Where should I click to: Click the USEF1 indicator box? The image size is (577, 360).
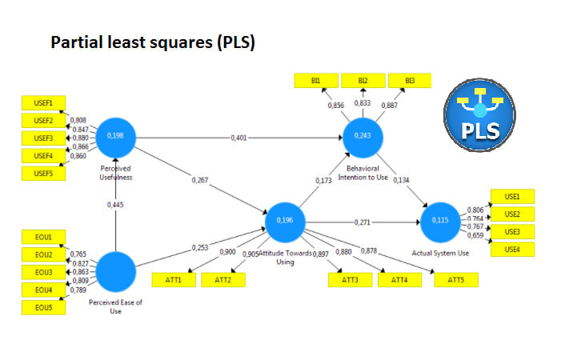pos(44,103)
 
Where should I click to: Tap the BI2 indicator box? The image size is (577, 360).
pos(363,81)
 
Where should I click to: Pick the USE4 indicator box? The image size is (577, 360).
pos(512,250)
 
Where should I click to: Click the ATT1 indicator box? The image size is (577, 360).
pos(174,280)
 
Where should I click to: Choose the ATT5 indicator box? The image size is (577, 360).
pos(455,280)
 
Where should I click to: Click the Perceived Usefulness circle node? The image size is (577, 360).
pos(116,138)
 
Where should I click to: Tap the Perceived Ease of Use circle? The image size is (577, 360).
pos(116,272)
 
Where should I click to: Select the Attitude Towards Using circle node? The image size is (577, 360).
pos(285,221)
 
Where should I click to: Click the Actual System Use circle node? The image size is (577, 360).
pos(441,221)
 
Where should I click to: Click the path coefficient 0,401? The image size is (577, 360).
pos(238,138)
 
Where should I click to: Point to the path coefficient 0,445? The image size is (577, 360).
pos(116,206)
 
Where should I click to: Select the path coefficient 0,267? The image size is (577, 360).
pos(200,179)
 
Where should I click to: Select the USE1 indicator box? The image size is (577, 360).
pos(512,197)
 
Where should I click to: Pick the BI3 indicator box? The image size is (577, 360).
pos(410,81)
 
